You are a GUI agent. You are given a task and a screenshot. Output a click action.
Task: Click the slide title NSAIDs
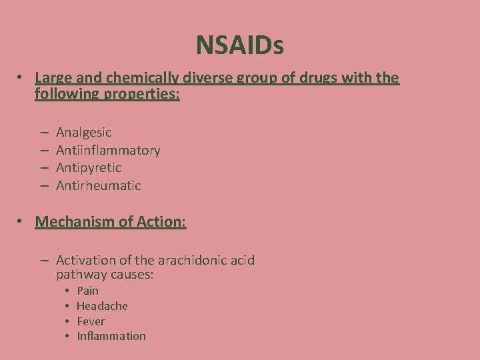(239, 45)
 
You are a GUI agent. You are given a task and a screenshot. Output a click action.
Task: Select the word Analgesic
(84, 133)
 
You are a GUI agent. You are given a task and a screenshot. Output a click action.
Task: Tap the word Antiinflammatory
(108, 150)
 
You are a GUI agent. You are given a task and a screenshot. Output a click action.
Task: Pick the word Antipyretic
(89, 167)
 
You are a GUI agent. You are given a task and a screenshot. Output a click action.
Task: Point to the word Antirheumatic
(99, 185)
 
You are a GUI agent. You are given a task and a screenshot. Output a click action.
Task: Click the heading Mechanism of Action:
(111, 221)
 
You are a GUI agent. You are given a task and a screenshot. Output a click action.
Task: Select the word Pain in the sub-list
(87, 291)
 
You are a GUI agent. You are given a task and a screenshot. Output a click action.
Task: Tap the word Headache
(102, 306)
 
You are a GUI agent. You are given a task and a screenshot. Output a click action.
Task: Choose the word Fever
(91, 321)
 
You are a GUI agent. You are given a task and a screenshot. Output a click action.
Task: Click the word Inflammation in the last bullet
(111, 336)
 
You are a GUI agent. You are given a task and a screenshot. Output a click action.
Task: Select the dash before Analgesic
(43, 133)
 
